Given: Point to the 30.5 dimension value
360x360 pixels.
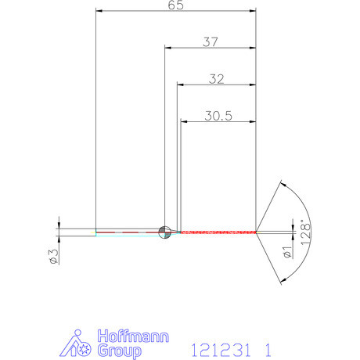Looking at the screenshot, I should coord(220,115).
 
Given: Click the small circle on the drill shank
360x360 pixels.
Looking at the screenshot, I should coord(164,231).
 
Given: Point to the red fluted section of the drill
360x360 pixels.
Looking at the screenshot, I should coord(219,232).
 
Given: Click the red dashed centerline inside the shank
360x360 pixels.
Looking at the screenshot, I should coord(125,232).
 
